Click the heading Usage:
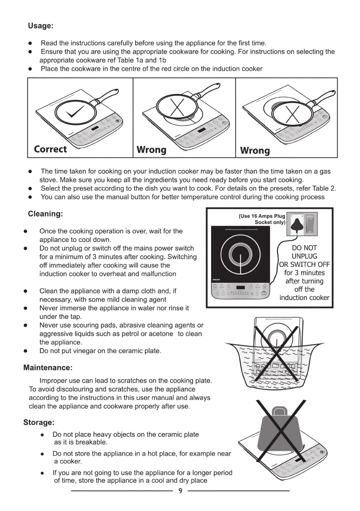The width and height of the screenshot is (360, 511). [41, 26]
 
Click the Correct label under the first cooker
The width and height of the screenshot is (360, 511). [50, 149]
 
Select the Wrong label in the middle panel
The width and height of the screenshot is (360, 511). [151, 150]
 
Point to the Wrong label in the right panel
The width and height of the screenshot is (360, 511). [255, 151]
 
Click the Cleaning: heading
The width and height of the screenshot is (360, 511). [45, 214]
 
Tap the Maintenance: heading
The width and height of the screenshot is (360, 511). [48, 368]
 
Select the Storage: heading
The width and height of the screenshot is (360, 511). [39, 423]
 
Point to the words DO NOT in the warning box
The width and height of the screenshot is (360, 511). [304, 248]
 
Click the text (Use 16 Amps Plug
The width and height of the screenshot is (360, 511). [262, 217]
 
